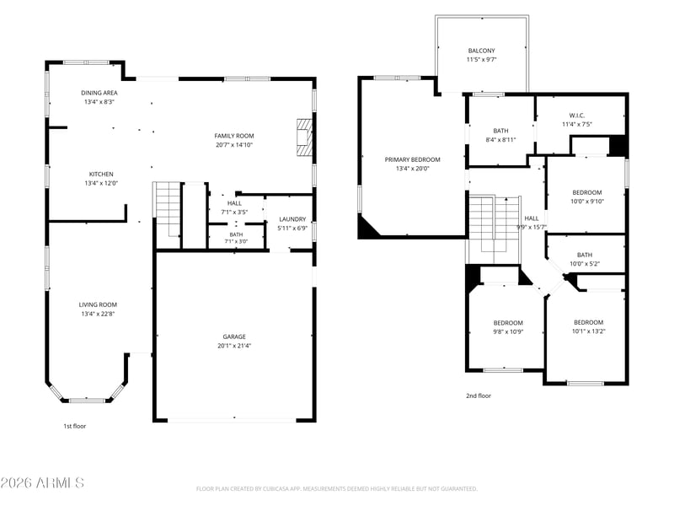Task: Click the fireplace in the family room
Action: [304, 137]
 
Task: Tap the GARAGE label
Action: [234, 336]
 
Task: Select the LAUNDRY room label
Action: [292, 219]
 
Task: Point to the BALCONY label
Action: [481, 51]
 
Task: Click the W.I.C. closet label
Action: [577, 116]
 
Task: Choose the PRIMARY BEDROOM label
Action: [412, 159]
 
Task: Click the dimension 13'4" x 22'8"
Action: [98, 314]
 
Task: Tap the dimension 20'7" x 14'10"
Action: [234, 145]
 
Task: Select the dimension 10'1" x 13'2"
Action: [588, 331]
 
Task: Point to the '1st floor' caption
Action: [75, 426]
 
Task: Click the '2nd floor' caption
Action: [479, 396]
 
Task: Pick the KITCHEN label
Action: [101, 174]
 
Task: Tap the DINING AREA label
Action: [99, 93]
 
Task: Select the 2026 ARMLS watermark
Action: [42, 482]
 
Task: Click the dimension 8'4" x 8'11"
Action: [500, 140]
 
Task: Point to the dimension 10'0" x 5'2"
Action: [585, 264]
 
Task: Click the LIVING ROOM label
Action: [98, 304]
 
